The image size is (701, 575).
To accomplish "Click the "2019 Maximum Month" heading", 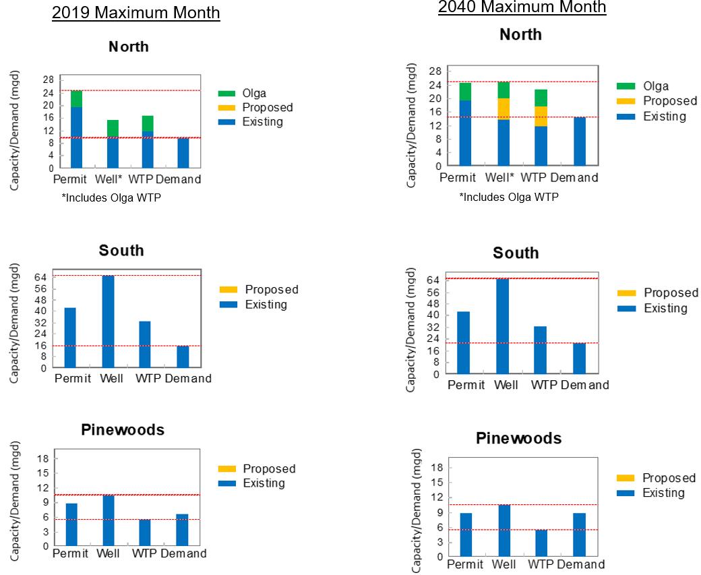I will [x=136, y=13].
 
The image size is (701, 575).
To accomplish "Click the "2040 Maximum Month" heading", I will [x=522, y=7].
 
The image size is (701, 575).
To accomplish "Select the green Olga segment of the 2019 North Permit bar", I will [x=76, y=98].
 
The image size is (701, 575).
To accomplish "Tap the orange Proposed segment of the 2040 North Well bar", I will [x=503, y=109].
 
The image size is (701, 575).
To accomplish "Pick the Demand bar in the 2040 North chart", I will [x=579, y=141].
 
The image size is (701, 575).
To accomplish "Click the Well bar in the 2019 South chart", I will [x=108, y=322].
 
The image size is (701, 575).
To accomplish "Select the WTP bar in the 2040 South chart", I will [x=541, y=350].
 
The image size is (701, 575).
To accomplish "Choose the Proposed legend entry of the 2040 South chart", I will [x=670, y=293].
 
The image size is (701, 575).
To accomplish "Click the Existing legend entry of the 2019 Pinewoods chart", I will [x=264, y=483].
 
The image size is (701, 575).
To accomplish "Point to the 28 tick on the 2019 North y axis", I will [x=48, y=78].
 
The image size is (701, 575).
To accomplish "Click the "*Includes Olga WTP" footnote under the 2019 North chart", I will [x=111, y=198].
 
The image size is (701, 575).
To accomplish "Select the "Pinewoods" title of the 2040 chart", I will [x=518, y=438].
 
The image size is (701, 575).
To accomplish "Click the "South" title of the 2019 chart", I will [x=121, y=250].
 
